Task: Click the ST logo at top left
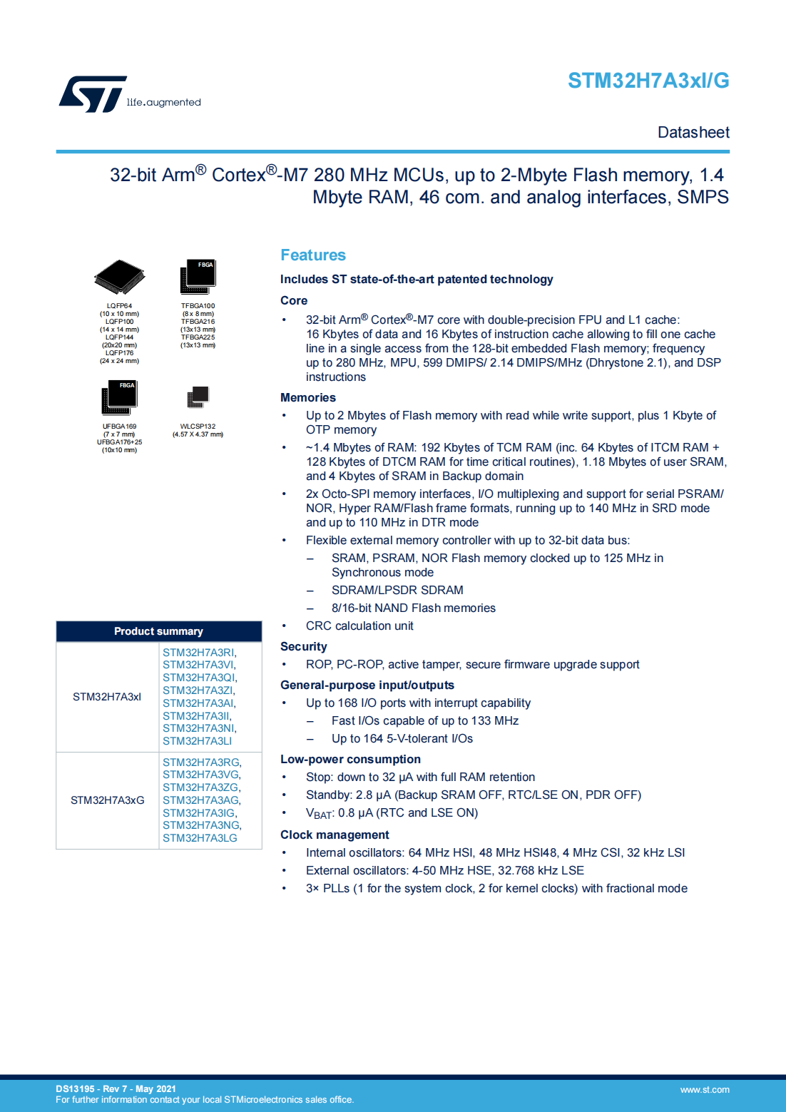click(x=93, y=94)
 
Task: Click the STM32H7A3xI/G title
click(x=648, y=81)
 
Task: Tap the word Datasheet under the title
click(x=693, y=133)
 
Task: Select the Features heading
click(x=312, y=255)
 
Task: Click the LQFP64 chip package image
click(x=119, y=277)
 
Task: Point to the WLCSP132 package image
click(x=198, y=397)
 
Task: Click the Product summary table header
click(x=158, y=631)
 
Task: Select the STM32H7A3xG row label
click(x=107, y=800)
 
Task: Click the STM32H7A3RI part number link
click(x=198, y=653)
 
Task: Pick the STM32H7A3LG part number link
click(x=200, y=838)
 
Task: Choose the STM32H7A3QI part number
click(x=199, y=678)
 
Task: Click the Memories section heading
click(x=307, y=398)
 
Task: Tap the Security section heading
click(x=303, y=647)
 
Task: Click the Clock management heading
click(x=335, y=835)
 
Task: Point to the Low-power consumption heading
click(x=350, y=760)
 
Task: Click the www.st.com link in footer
click(x=704, y=1090)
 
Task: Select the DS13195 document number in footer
click(x=75, y=1089)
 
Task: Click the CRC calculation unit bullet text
click(x=359, y=626)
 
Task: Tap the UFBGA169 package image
click(x=119, y=397)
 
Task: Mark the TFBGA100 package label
click(x=198, y=306)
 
